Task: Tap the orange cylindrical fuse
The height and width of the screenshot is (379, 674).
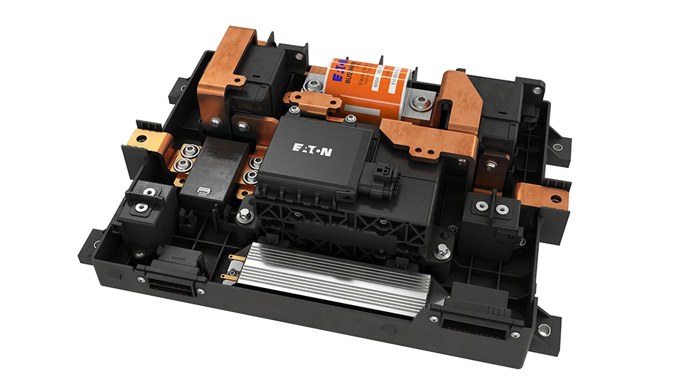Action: [370, 82]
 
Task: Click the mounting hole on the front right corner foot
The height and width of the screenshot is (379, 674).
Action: [544, 329]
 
